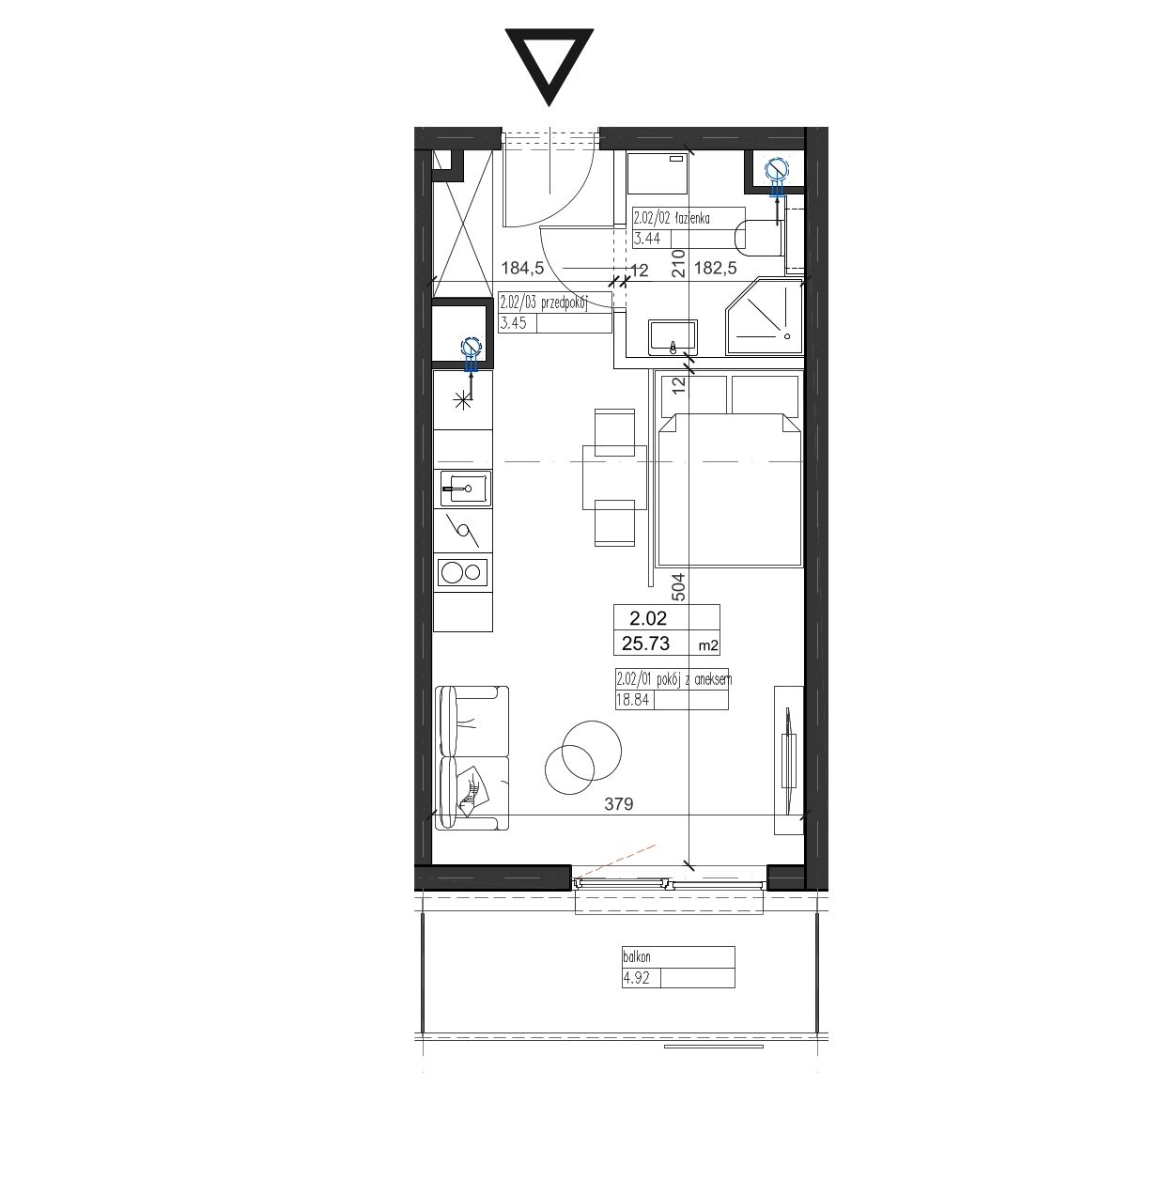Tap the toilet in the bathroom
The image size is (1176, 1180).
tap(758, 239)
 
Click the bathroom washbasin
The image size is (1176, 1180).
tap(673, 336)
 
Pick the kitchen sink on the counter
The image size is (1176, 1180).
tap(466, 488)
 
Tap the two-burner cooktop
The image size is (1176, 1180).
tap(462, 573)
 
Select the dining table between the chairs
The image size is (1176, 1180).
tap(614, 477)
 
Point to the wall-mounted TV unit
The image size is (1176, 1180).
tap(789, 760)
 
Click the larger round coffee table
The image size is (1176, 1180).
tap(592, 751)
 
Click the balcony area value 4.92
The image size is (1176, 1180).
tap(636, 978)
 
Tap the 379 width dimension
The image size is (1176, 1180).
tap(619, 804)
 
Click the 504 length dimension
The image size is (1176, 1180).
tap(677, 585)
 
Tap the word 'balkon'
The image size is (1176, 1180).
tap(637, 956)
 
